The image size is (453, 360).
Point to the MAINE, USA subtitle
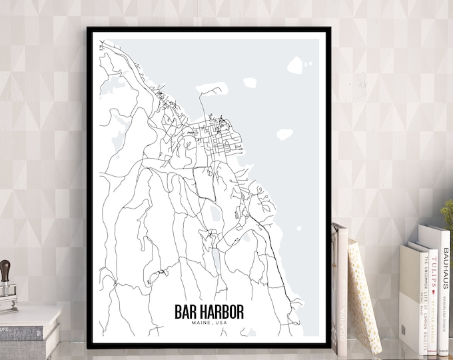click(x=209, y=324)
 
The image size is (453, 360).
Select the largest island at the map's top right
click(x=296, y=65)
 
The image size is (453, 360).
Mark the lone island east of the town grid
click(x=285, y=134)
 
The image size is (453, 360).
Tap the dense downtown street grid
click(x=217, y=130)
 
